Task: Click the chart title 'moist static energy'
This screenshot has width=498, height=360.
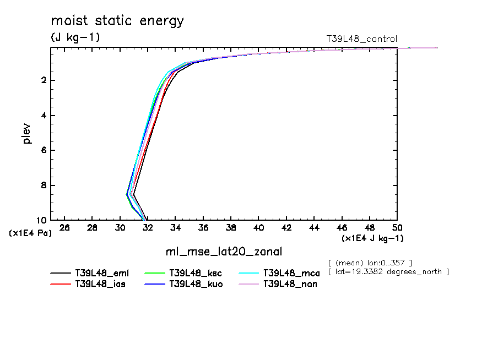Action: coord(117,21)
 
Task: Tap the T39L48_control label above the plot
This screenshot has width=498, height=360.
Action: coord(361,39)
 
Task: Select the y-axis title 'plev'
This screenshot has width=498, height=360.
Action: coord(27,133)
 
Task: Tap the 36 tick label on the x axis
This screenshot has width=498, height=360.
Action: coord(203,227)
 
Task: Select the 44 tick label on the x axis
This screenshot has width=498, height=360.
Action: coord(314,227)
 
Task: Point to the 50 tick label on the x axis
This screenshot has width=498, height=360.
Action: coord(397,227)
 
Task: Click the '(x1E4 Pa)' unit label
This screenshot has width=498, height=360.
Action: coord(30,233)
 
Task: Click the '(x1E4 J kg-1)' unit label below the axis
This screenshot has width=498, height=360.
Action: coord(372,238)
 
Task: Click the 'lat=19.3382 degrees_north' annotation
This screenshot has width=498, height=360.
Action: coord(388,271)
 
